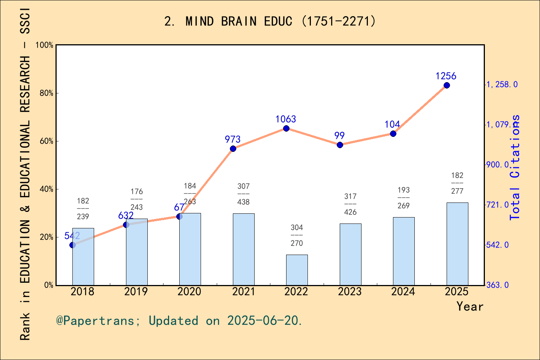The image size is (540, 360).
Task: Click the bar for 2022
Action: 297,270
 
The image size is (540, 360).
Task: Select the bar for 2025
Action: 457,244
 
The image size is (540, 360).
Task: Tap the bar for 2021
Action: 243,249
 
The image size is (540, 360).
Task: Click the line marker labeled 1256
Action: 447,85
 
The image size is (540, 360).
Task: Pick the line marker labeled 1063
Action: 286,129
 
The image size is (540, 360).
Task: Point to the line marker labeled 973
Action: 233,149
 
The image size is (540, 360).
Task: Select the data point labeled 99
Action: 340,145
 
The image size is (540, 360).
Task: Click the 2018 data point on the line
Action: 72,245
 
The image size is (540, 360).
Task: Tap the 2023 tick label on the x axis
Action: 349,292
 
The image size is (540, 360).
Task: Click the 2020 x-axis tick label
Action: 189,292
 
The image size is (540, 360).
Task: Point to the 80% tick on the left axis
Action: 46,93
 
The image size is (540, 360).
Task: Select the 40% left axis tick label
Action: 46,189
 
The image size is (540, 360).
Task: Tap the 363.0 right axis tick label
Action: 498,285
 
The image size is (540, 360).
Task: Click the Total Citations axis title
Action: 515,167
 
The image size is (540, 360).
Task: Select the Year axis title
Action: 470,306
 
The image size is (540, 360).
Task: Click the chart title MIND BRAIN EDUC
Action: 270,21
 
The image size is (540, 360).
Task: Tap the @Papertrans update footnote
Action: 179,321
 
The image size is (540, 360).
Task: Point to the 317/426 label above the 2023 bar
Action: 350,204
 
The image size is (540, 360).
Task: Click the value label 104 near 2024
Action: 392,124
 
